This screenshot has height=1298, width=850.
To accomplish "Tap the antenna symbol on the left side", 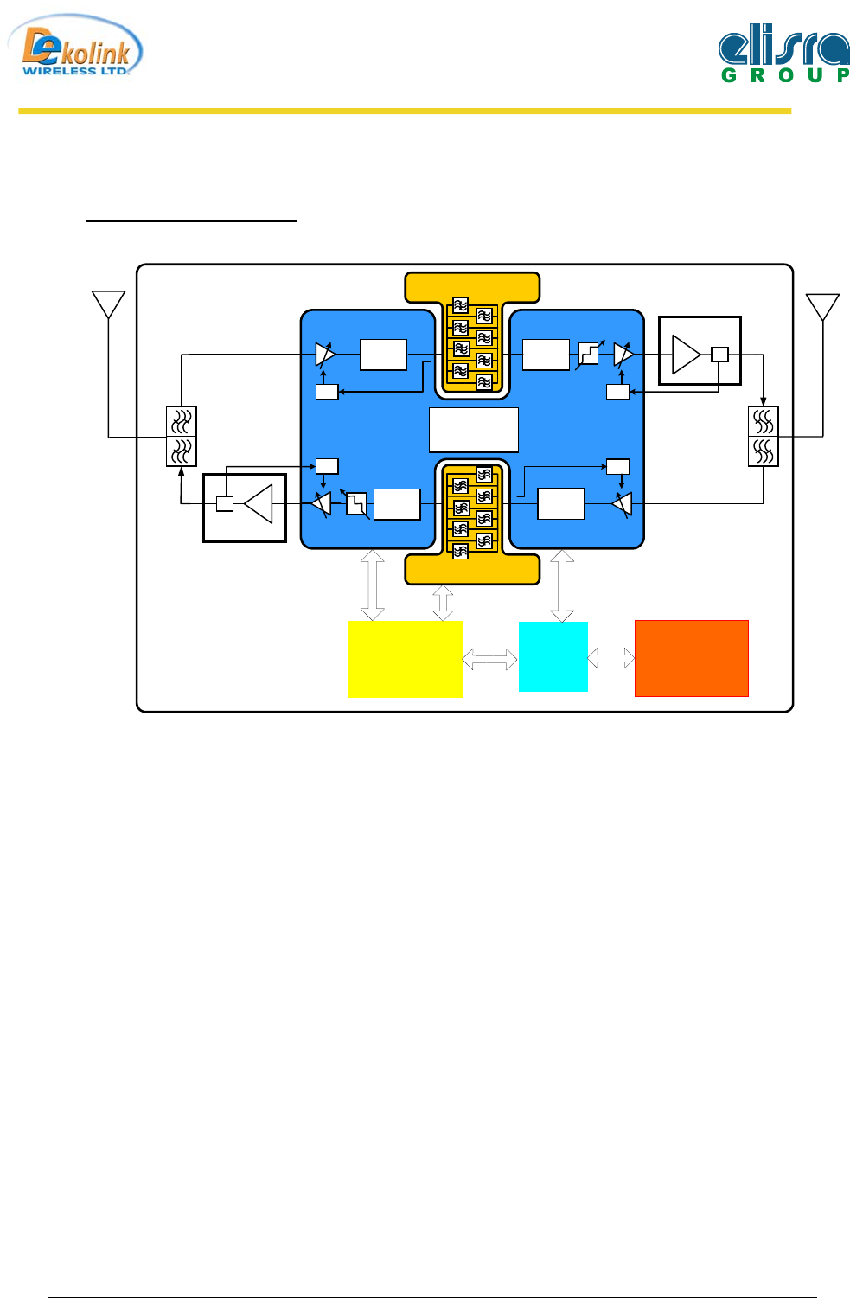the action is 109,305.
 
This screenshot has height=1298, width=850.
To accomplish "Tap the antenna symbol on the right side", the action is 822,307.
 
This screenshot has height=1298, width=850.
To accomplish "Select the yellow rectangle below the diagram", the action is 405,659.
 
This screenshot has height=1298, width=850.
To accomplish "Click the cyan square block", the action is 553,656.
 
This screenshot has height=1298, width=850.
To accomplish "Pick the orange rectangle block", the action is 691,658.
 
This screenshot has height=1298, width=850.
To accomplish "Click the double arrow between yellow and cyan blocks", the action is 489,659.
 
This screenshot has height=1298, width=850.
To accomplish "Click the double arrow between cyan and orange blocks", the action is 610,658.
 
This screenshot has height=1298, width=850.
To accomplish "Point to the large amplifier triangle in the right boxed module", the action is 685,355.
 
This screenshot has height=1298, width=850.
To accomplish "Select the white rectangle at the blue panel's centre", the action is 474,430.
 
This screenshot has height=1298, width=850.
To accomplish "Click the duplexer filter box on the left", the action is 181,437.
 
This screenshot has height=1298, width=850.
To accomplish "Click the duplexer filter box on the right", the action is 763,437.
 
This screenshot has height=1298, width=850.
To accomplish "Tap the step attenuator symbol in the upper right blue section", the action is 588,354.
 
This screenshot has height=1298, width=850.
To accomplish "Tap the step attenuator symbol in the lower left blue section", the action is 356,503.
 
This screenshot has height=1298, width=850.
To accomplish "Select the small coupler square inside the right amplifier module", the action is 719,354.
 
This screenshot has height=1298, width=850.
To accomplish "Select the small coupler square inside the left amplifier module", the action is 225,503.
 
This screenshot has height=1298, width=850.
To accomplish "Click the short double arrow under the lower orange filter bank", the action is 443,603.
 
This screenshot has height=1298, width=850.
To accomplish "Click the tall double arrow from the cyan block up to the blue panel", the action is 562,585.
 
